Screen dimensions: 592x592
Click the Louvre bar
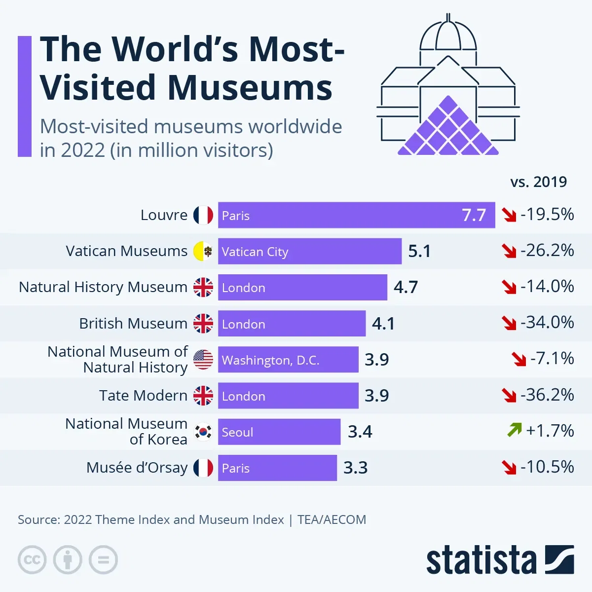[x=356, y=215]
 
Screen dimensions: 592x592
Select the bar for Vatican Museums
[x=310, y=251]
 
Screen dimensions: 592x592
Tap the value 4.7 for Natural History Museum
[x=406, y=287]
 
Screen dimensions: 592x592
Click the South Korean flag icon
[x=203, y=432]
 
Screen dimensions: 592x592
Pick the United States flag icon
[x=203, y=360]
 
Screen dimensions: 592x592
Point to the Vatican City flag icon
[x=203, y=251]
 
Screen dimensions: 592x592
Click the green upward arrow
[x=514, y=430]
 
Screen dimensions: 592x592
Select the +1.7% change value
[x=550, y=431]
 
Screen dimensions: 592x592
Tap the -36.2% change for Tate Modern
[x=547, y=395]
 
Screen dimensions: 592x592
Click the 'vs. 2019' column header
[x=538, y=182]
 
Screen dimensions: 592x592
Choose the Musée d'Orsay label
[x=137, y=468]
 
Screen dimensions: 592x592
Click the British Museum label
[x=133, y=324]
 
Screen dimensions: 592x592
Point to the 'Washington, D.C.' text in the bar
[x=270, y=360]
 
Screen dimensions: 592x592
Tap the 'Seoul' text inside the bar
[x=237, y=432]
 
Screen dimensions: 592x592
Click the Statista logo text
[x=481, y=560]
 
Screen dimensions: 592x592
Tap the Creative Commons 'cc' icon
[x=32, y=560]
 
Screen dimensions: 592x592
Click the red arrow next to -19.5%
[x=509, y=215]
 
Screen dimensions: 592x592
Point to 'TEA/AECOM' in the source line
[x=332, y=520]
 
